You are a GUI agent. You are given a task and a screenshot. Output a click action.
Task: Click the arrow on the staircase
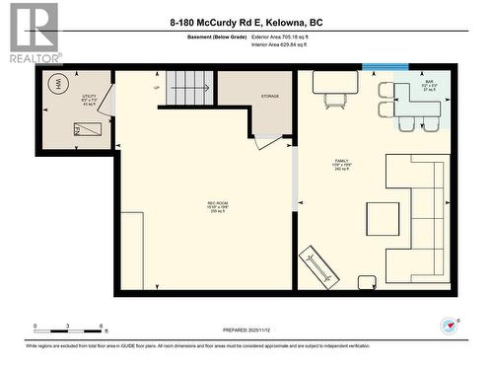[x=192, y=87]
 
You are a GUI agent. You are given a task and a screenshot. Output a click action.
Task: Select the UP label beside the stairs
[x=155, y=88]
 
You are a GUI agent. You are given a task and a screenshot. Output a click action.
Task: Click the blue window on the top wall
[x=386, y=66]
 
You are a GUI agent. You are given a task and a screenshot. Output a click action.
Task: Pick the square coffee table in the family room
[x=385, y=218]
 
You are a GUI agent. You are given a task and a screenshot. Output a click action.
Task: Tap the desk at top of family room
[x=335, y=82]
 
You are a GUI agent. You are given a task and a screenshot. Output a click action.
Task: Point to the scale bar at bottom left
[x=69, y=327]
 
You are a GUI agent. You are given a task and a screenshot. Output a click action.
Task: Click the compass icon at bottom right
[x=451, y=325]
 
